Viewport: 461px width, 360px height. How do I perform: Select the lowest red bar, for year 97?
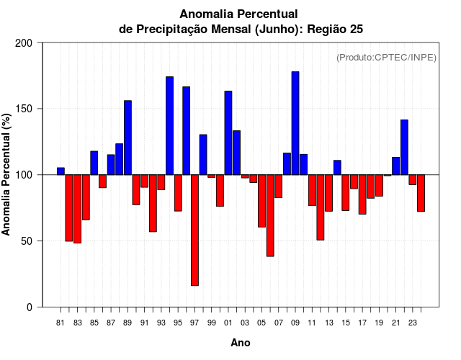194,230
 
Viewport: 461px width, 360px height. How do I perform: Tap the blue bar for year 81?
61,171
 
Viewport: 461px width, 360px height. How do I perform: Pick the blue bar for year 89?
127,138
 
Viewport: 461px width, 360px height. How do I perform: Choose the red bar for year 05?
261,201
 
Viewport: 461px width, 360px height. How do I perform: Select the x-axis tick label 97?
194,323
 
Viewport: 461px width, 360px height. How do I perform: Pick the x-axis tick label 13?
329,323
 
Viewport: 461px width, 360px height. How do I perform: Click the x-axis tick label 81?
61,323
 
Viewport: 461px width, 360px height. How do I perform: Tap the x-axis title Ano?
241,343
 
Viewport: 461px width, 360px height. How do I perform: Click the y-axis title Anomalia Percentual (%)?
7,174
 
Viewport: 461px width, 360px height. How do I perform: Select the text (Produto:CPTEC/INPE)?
386,57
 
